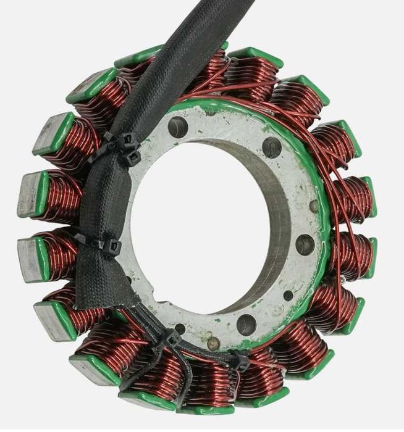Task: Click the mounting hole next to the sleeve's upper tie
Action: [178, 127]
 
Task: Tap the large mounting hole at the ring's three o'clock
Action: [305, 244]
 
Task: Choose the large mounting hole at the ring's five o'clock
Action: [246, 323]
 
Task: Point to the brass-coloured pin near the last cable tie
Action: [213, 343]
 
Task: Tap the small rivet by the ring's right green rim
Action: [314, 206]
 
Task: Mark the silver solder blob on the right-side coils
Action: [343, 280]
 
